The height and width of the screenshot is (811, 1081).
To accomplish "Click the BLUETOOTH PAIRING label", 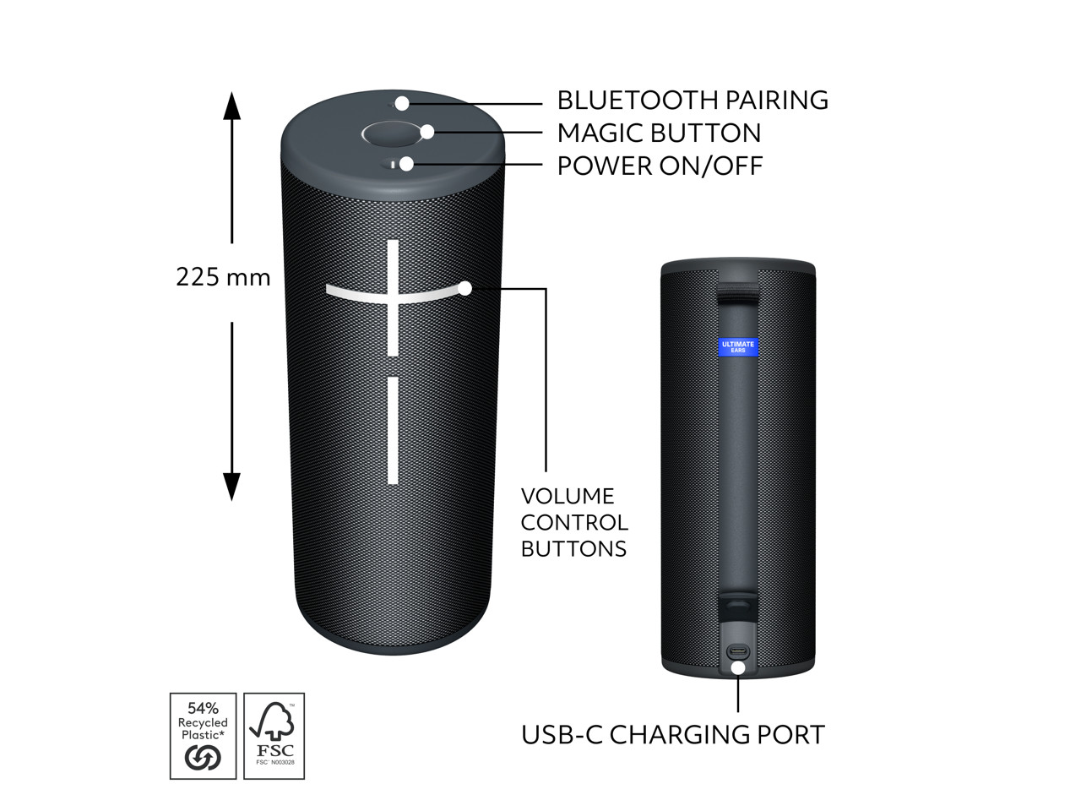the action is (692, 101).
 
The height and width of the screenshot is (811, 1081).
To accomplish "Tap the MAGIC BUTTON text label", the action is (659, 133).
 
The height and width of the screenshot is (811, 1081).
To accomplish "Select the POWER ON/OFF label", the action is (660, 166).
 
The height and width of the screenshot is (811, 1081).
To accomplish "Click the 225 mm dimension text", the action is (223, 277).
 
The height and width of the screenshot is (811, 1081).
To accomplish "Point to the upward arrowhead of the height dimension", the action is (231, 105).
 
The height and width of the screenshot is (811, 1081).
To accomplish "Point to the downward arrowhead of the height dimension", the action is (231, 487).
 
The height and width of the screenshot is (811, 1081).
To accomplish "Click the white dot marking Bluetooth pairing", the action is (403, 103).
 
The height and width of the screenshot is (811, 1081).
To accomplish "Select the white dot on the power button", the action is (406, 164).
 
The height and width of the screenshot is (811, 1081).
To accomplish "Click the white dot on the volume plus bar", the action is (464, 288).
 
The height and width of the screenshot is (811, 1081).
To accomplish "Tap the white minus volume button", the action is (393, 431).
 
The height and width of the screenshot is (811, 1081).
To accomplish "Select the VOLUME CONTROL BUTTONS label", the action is (573, 522).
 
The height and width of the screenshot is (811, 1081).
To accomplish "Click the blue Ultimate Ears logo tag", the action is (737, 346).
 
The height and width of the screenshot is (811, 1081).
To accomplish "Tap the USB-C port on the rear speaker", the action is (738, 651).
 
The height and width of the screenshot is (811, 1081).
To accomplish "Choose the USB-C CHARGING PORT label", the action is (672, 734).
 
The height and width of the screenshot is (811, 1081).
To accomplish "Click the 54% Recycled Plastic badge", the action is (203, 736).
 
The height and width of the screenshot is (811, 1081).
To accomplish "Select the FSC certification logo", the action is (274, 736).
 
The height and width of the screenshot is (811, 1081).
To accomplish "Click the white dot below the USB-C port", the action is (738, 668).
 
